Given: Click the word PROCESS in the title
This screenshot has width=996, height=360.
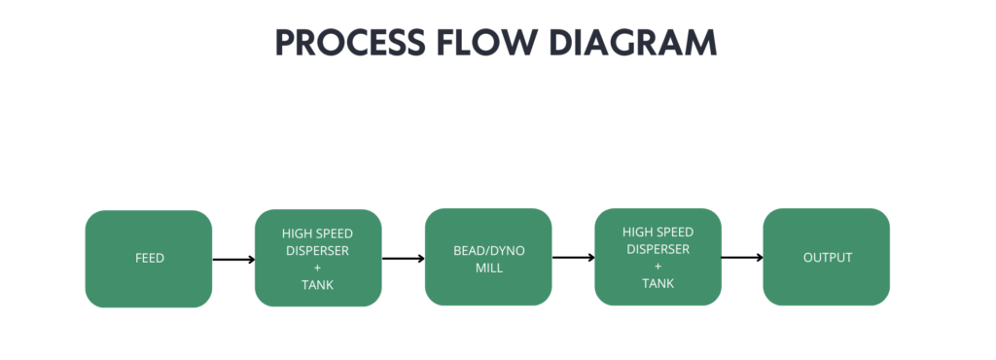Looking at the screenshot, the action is coord(350,43).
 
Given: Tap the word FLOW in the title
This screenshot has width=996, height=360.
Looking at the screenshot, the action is coord(484,43).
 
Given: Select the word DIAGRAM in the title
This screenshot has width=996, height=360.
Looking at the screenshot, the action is coord(632,43).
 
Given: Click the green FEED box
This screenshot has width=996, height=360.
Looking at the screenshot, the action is coord(149,259).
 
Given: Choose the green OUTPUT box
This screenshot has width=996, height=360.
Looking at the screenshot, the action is coord(827,257).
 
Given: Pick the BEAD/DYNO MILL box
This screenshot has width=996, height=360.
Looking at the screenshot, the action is coord(488,257).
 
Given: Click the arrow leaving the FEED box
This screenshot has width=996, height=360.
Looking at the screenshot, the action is coord(233,260).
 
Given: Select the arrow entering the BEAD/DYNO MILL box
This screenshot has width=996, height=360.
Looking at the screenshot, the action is coord(404,259).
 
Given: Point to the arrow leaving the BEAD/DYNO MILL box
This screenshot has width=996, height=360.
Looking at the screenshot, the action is coord(574,258).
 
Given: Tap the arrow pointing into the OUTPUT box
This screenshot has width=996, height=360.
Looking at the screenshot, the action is coord(742,257).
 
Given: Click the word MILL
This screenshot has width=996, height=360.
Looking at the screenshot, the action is coord(489,268).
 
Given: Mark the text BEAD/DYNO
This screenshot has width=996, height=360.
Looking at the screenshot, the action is coord(489,251).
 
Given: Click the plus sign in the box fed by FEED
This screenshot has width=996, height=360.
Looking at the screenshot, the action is coord(318,268).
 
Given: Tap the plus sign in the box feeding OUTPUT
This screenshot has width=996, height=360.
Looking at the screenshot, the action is coord(658,266).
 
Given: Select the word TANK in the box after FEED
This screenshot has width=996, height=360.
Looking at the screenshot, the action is coord(318,285).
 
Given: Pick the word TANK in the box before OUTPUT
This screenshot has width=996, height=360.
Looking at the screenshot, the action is coord(658,283).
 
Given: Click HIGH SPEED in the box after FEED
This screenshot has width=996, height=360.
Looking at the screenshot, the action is coord(318,234).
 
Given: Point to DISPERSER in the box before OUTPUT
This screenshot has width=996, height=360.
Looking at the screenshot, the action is coord(658,249).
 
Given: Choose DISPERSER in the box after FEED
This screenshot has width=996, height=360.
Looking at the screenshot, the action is coord(318,251).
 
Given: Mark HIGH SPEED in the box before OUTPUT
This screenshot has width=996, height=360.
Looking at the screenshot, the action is coord(658,232).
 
